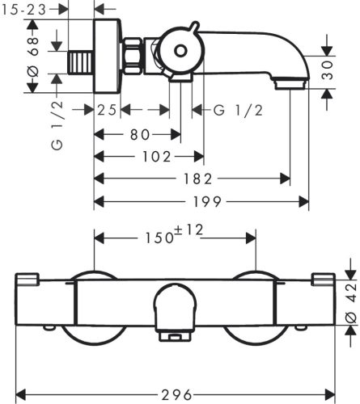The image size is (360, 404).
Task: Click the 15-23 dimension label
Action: point(28,9)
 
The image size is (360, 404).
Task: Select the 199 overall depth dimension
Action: point(202,201)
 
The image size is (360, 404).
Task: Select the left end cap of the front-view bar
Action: point(27,280)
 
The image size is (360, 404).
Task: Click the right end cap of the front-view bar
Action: point(323,280)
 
